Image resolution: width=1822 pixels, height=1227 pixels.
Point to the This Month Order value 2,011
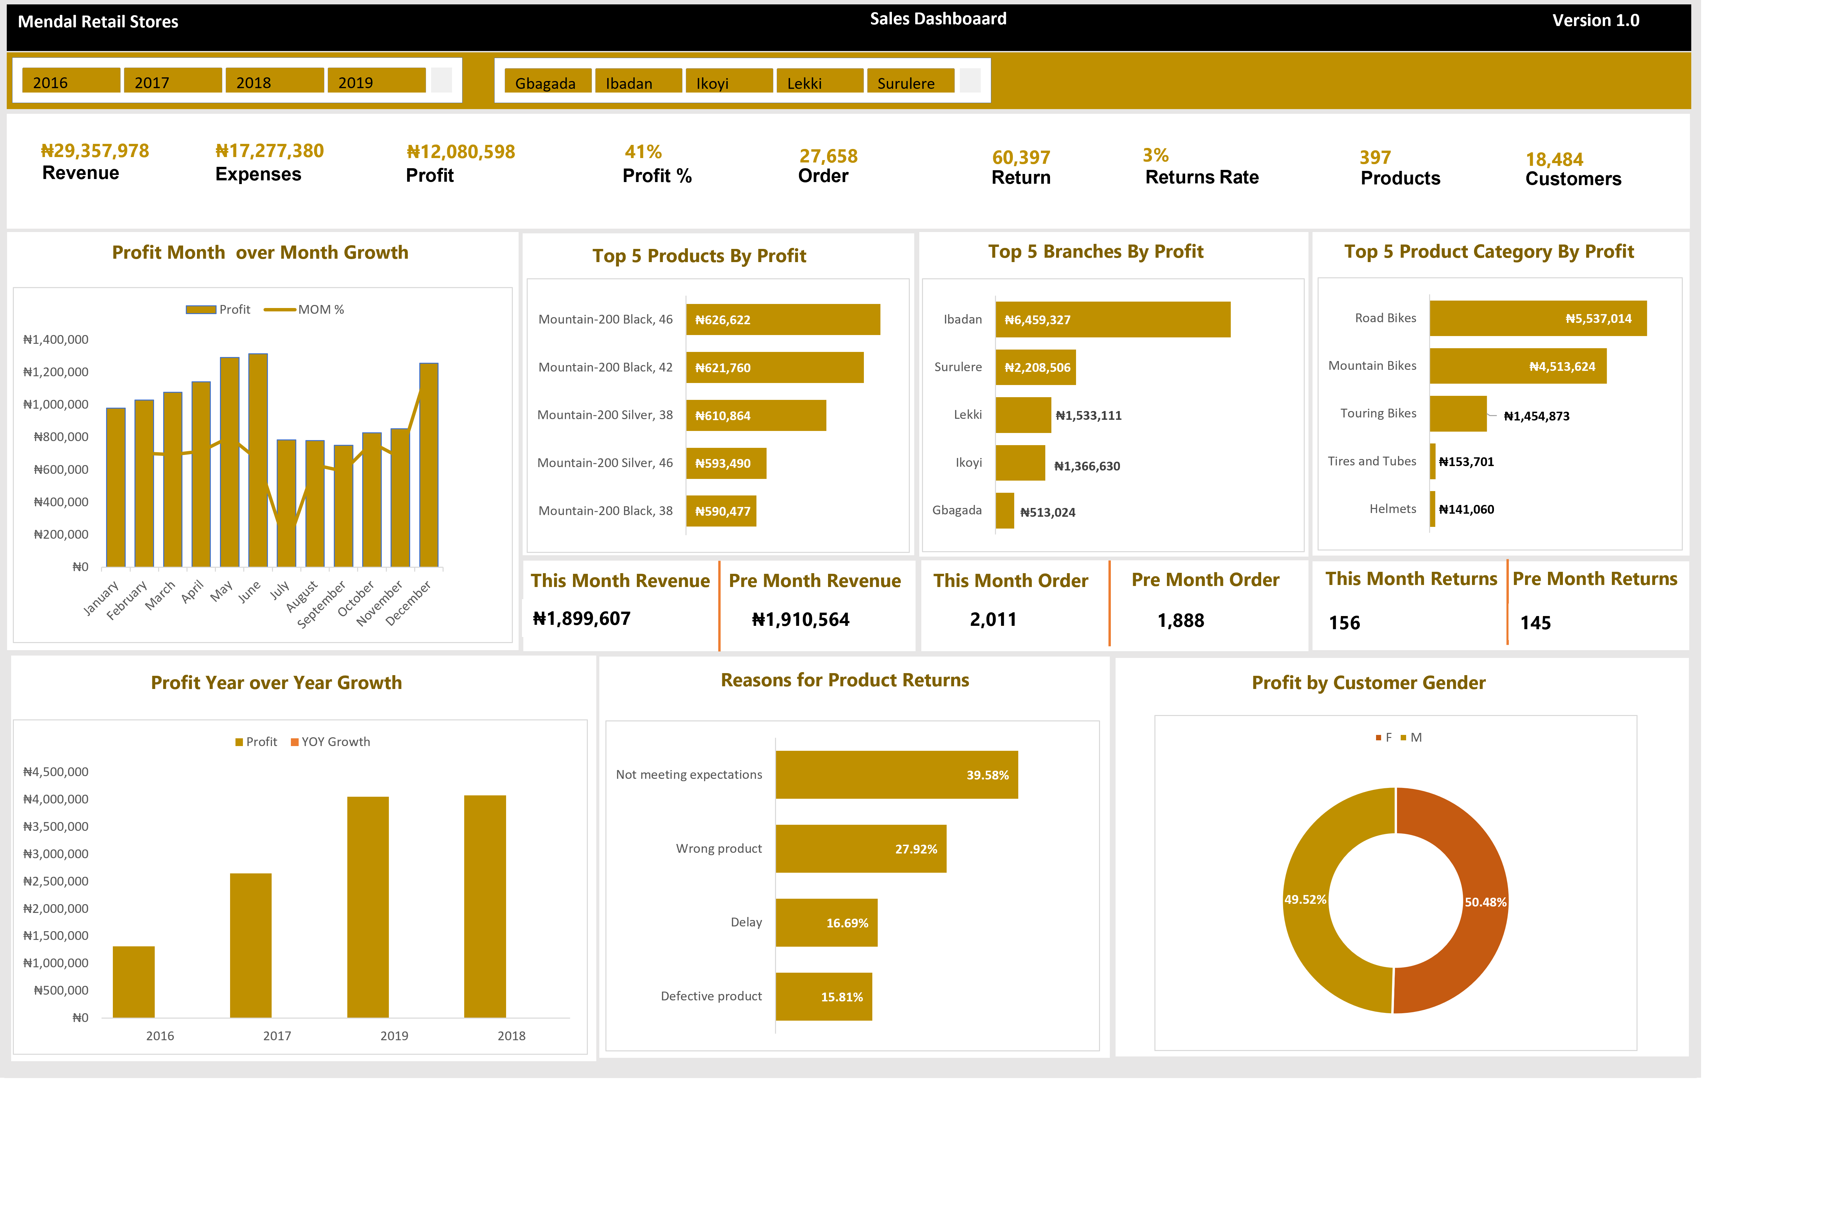992,620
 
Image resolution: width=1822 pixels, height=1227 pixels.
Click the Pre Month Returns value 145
1535,623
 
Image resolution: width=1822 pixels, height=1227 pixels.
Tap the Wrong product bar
861,849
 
